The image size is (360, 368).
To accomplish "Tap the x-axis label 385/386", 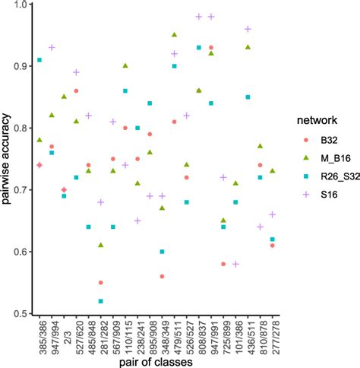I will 39,335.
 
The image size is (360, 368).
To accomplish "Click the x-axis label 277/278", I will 272,335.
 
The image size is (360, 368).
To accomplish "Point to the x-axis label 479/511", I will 175,335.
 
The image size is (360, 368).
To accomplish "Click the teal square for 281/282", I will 100,301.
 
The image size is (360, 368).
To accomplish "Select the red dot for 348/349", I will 162,277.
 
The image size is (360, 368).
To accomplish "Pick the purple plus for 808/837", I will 199,17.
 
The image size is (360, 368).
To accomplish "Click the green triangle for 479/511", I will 175,35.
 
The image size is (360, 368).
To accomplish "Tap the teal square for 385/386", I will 39,60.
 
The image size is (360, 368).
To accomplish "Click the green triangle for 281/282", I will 100,245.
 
